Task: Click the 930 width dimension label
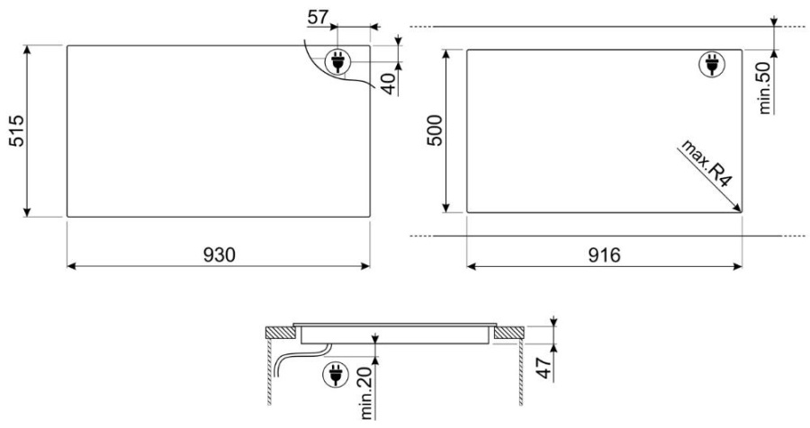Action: (x=219, y=254)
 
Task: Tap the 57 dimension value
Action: (x=318, y=17)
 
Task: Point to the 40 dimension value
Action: (x=390, y=84)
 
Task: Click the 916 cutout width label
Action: (x=604, y=254)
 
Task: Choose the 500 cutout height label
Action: (x=435, y=130)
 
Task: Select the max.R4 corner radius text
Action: (x=706, y=165)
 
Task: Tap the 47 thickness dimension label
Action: (x=544, y=367)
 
